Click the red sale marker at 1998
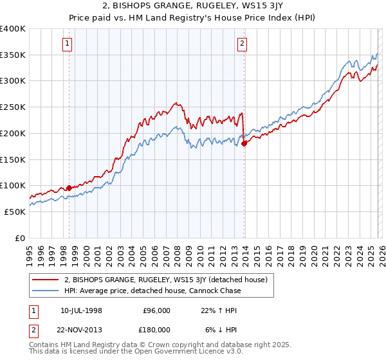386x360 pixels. (x=69, y=188)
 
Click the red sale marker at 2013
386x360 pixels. (x=244, y=144)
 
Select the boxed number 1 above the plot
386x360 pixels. (x=68, y=44)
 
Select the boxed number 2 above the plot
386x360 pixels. (x=243, y=44)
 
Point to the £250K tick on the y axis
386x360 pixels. (x=13, y=107)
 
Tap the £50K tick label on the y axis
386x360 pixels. (x=14, y=212)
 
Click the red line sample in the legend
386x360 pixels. (x=46, y=280)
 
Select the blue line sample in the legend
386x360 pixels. (x=46, y=291)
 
